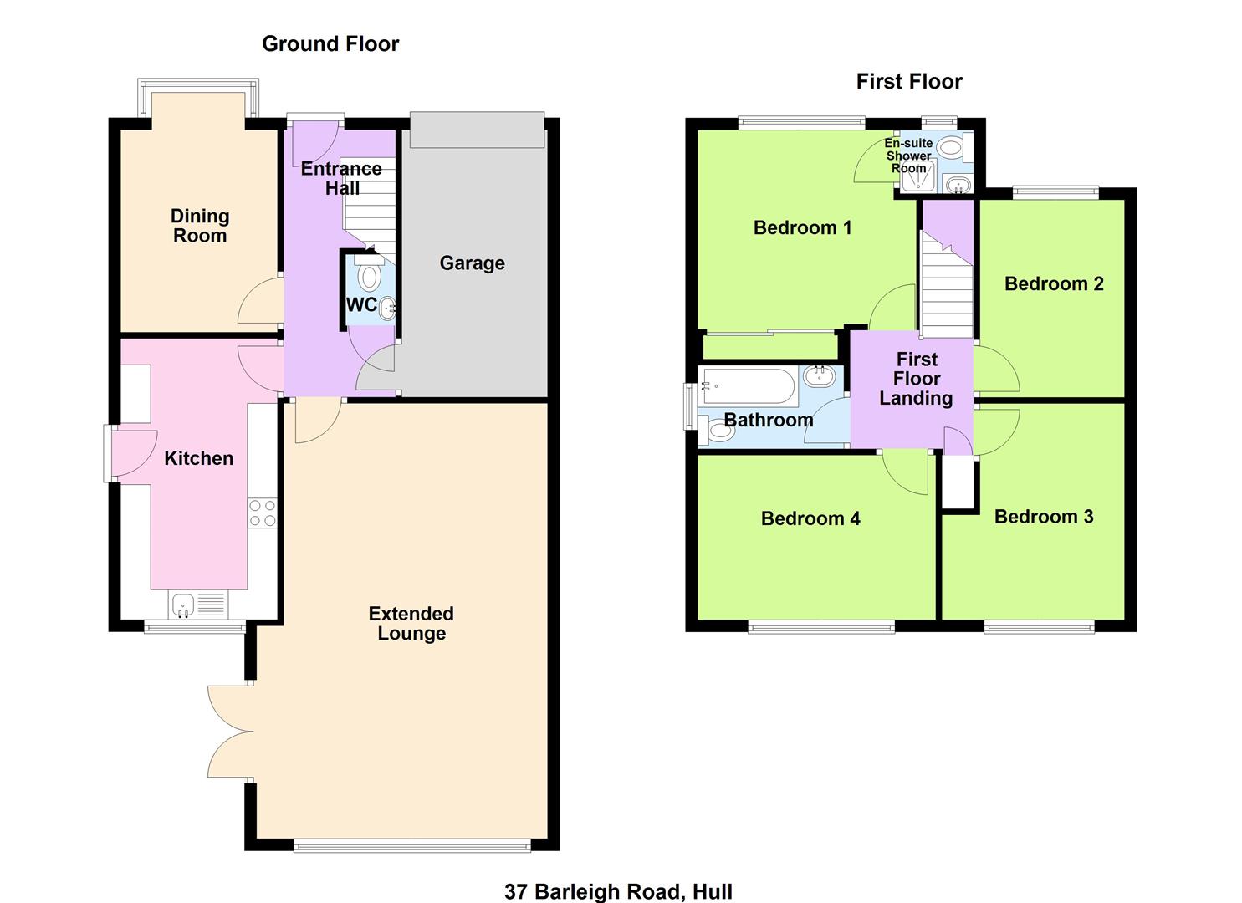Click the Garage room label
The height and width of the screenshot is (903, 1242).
(472, 263)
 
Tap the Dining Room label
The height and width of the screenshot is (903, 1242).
(199, 226)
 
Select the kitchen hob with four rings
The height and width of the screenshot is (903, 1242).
(262, 513)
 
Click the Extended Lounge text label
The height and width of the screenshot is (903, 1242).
(411, 623)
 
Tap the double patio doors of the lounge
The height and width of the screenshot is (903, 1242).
(228, 733)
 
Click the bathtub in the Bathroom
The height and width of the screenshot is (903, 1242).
(749, 382)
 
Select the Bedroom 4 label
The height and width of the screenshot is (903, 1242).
(810, 518)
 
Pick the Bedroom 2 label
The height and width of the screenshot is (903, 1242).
(1053, 283)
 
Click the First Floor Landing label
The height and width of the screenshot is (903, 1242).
(916, 379)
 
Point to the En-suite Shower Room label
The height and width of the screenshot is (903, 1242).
(908, 156)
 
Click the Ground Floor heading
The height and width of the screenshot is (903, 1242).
(330, 43)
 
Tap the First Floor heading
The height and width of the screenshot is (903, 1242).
(908, 81)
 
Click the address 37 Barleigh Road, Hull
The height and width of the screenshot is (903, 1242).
(618, 891)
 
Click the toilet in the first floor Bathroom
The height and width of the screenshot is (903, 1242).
(719, 432)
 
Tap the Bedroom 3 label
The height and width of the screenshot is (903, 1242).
(1043, 517)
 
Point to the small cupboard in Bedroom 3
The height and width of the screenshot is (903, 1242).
(958, 482)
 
